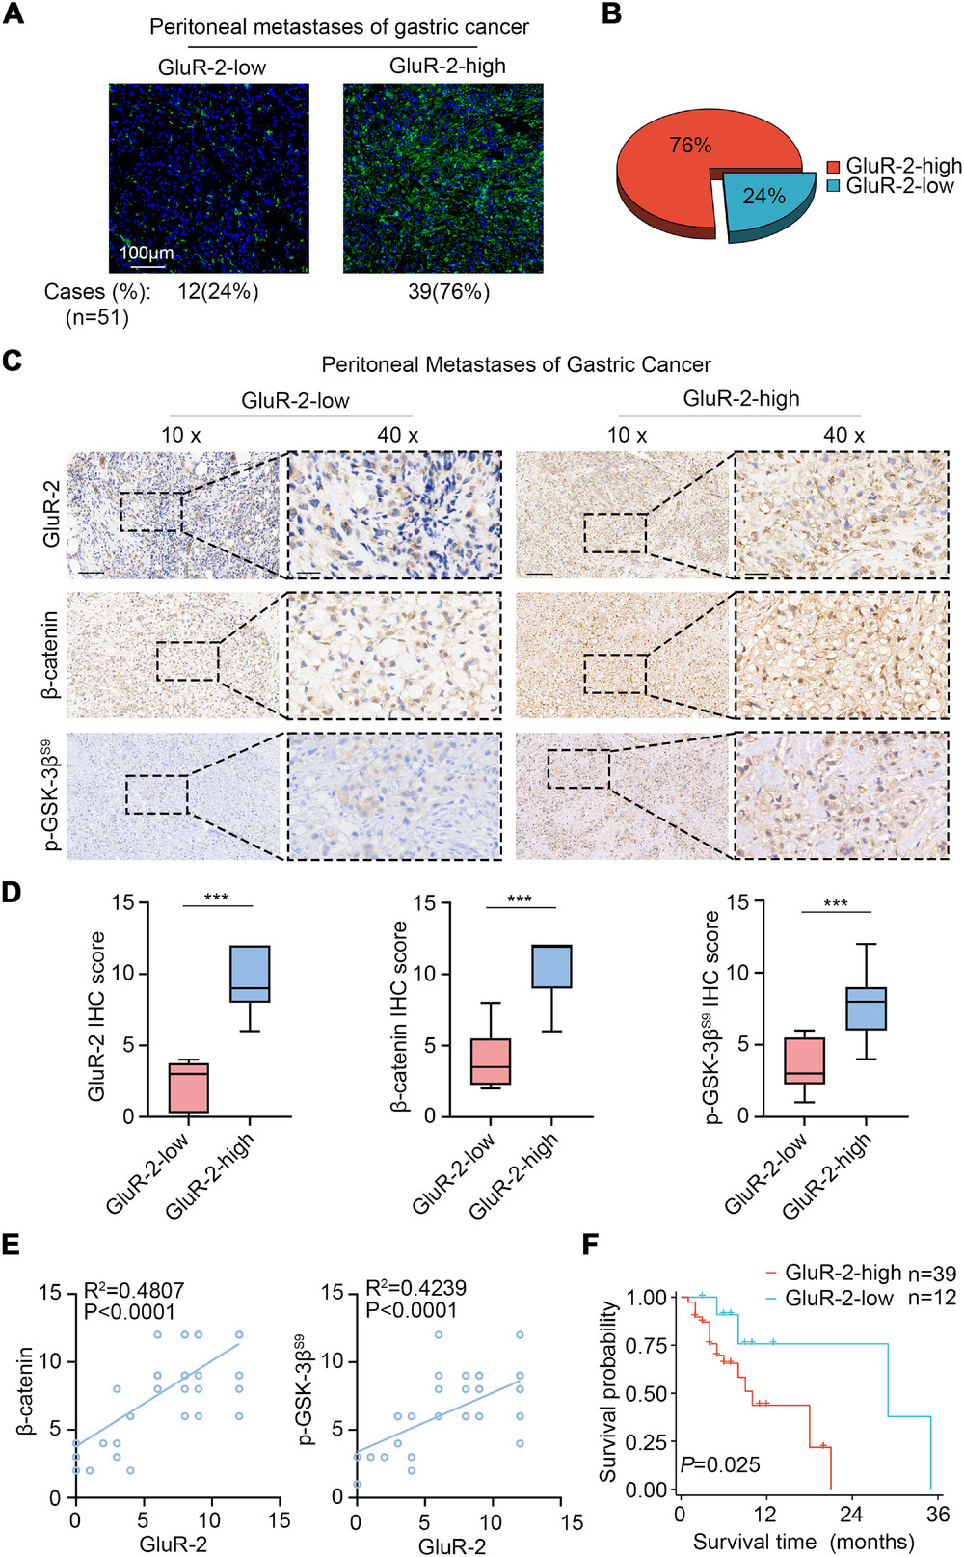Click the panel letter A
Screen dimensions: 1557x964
[x=14, y=16]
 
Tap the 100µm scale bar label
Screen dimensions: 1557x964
[x=147, y=253]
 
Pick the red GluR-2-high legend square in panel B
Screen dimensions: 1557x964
[x=833, y=167]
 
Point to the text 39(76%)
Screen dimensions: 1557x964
[x=448, y=291]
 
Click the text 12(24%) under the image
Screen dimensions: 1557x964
[x=218, y=291]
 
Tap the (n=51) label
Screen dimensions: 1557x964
[x=96, y=317]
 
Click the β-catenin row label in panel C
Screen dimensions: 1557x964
[x=50, y=654]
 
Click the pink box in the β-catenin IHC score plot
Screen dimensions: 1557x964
[x=491, y=1061]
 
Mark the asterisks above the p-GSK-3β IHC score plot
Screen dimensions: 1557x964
[x=836, y=904]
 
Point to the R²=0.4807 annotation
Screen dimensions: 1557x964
[x=134, y=1291]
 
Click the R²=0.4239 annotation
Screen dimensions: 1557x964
[x=415, y=1288]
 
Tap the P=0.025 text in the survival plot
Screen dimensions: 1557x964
[x=719, y=1464]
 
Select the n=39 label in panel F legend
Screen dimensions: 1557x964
[x=932, y=1274]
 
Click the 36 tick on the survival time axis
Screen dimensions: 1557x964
[x=938, y=1514]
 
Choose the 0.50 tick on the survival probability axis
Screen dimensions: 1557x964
[x=646, y=1393]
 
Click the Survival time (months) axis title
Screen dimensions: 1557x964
[x=803, y=1542]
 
